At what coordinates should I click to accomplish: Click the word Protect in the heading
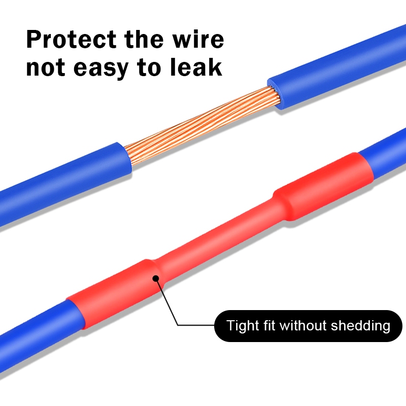(x=71, y=40)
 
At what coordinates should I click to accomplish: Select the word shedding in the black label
(x=361, y=325)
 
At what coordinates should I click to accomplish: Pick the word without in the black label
(x=303, y=325)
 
